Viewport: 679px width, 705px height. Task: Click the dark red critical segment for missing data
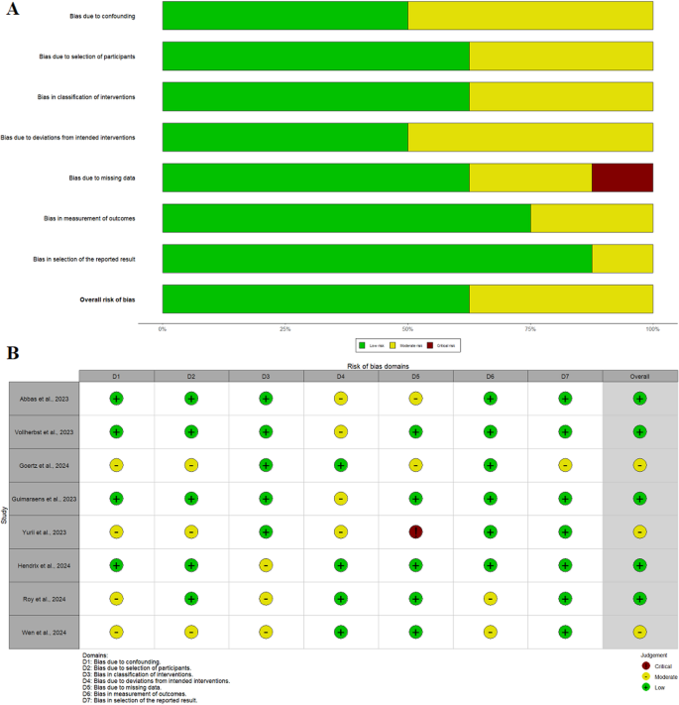[622, 177]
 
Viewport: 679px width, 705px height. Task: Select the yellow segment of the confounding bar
[530, 16]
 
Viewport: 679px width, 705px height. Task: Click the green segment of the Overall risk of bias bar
[315, 298]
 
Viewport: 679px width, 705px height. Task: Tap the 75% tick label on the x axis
[530, 327]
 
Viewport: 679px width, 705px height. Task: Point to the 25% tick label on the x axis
[284, 327]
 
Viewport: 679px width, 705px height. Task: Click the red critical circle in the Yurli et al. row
[415, 531]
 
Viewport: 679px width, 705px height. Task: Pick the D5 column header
[415, 376]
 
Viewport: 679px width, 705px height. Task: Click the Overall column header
[639, 376]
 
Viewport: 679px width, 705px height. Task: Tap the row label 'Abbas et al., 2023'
[44, 399]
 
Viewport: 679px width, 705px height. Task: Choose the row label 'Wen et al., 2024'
[44, 632]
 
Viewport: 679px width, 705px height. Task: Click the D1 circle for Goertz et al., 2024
[116, 465]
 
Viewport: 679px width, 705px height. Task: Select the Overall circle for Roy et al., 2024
[639, 598]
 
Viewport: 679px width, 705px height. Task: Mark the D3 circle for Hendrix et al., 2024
[266, 565]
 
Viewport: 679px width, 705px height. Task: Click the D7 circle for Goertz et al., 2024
[565, 465]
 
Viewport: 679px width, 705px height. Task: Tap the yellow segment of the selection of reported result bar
[622, 258]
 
